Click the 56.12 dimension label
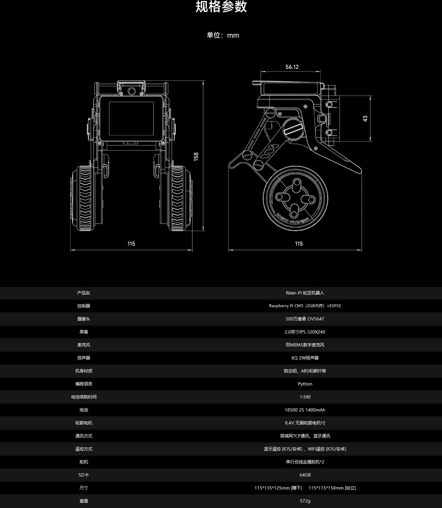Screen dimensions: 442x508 (x=292, y=67)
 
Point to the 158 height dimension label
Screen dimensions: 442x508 (x=196, y=157)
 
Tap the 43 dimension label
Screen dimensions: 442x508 (x=365, y=119)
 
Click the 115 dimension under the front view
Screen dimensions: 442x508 (x=131, y=244)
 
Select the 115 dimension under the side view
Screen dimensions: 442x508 (x=299, y=244)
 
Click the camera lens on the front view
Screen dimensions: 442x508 (x=132, y=91)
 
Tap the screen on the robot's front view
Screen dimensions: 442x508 (x=131, y=119)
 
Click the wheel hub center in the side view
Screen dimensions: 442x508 (x=295, y=198)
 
